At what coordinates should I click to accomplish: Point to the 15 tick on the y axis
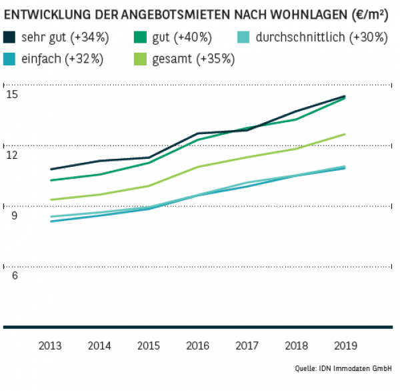point(12,94)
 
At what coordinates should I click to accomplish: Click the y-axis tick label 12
point(12,155)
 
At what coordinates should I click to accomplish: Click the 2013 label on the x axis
point(51,346)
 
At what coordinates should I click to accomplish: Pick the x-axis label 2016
point(197,346)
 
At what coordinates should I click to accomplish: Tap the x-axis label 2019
point(345,346)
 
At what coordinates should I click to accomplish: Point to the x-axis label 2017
point(247,346)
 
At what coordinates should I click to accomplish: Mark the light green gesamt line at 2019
point(345,134)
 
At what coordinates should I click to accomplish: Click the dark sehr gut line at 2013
point(51,169)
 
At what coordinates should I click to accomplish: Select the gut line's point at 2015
point(149,162)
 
